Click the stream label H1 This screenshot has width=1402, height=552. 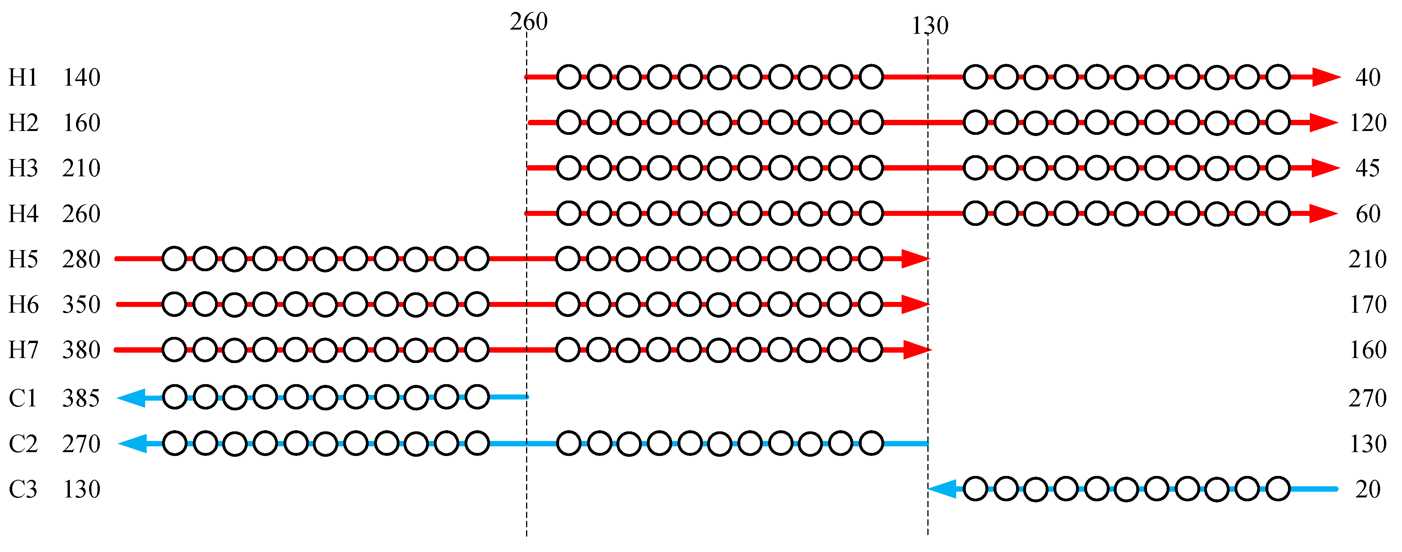click(x=23, y=77)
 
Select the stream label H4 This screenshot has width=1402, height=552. click(x=23, y=214)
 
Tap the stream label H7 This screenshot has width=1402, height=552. click(x=23, y=350)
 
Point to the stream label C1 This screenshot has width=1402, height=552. click(x=23, y=398)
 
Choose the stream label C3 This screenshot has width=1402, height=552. click(x=23, y=489)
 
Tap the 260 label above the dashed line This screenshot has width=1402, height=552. click(x=528, y=22)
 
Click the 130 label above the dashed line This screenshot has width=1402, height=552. click(x=930, y=26)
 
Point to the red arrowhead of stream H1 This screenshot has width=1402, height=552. click(x=1325, y=77)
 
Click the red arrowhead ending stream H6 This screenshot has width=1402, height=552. click(x=915, y=304)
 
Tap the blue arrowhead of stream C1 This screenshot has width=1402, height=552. click(x=132, y=398)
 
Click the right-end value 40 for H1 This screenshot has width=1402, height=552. click(x=1368, y=77)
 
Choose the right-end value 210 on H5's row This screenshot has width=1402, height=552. click(x=1367, y=259)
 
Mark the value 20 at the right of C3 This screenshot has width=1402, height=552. click(x=1368, y=489)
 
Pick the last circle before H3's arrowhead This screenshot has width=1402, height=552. click(x=1277, y=167)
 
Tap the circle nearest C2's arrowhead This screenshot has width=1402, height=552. click(x=175, y=443)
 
